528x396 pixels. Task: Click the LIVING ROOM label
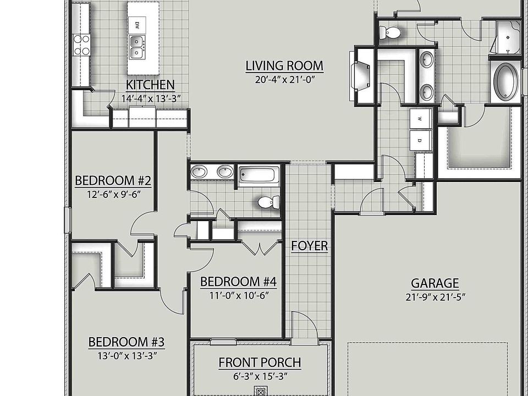pyautogui.click(x=284, y=65)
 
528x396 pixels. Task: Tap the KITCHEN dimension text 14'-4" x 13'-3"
pyautogui.click(x=151, y=98)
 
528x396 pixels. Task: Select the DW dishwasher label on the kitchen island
pyautogui.click(x=137, y=25)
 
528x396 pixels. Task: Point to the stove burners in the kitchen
pyautogui.click(x=82, y=45)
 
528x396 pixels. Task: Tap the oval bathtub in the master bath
pyautogui.click(x=506, y=80)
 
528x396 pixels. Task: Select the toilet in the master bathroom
pyautogui.click(x=390, y=32)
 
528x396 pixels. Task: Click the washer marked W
pyautogui.click(x=420, y=119)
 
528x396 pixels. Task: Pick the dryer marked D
pyautogui.click(x=420, y=140)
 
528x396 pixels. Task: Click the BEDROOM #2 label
pyautogui.click(x=113, y=181)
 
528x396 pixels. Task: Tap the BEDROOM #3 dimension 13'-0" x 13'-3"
pyautogui.click(x=127, y=356)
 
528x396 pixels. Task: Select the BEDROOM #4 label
pyautogui.click(x=238, y=282)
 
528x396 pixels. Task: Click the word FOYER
pyautogui.click(x=310, y=246)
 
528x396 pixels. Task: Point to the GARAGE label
pyautogui.click(x=435, y=283)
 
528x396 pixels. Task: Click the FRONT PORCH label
pyautogui.click(x=260, y=362)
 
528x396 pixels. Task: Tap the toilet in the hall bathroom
pyautogui.click(x=268, y=202)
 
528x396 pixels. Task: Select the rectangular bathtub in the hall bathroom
pyautogui.click(x=259, y=175)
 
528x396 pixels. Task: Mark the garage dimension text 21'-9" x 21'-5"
pyautogui.click(x=436, y=297)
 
